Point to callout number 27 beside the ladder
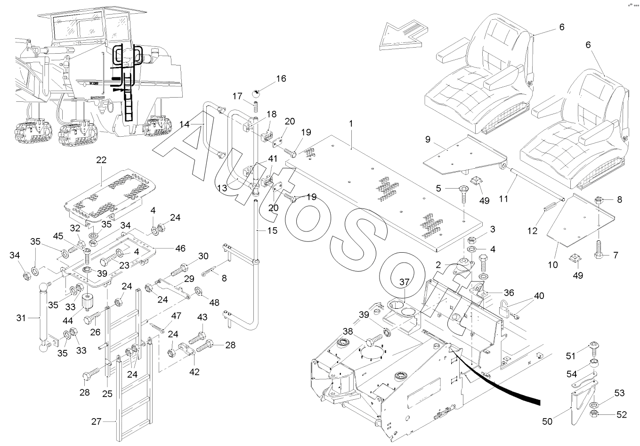(97, 422)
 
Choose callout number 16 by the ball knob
(281, 79)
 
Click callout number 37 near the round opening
(405, 282)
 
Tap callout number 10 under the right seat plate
(553, 265)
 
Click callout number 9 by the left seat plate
(428, 140)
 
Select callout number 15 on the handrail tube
(273, 231)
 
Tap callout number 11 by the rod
(504, 198)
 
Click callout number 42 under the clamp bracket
(194, 372)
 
